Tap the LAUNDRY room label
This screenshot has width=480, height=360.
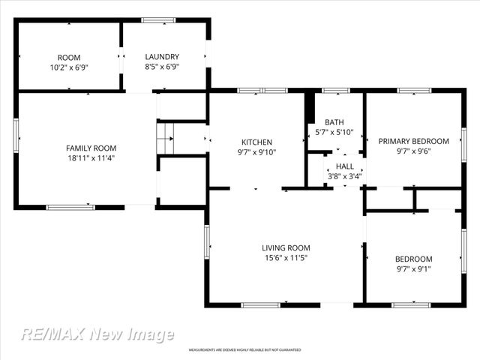(162, 57)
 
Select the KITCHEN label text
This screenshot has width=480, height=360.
(256, 142)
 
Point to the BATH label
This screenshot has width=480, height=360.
(334, 122)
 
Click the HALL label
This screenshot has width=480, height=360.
(345, 166)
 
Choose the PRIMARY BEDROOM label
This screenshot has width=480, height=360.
(413, 141)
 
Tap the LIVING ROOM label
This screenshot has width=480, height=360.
(286, 248)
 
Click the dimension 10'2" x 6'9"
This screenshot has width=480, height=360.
(69, 67)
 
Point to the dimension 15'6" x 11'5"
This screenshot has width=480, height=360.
(286, 258)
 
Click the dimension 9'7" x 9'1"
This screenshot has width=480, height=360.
(413, 269)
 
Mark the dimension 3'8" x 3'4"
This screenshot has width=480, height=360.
(345, 177)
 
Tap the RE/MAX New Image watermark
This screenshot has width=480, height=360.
(97, 334)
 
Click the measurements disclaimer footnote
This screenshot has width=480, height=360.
(244, 350)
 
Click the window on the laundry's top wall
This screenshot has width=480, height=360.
(158, 20)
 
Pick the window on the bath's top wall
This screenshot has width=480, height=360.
(335, 91)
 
